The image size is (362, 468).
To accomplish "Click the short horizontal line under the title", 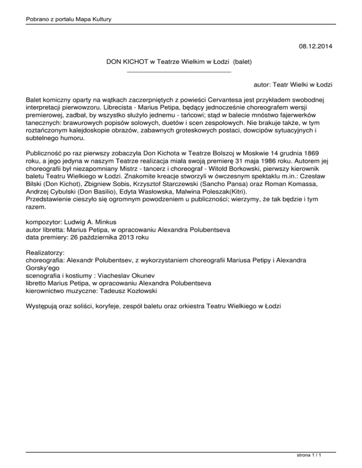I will (x=179, y=72).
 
